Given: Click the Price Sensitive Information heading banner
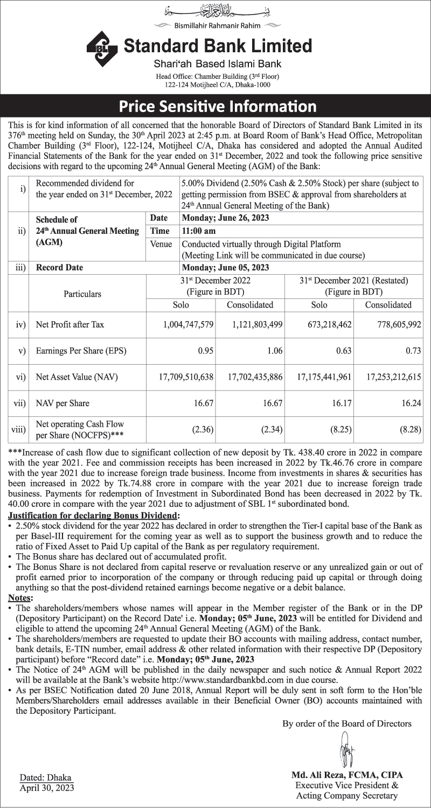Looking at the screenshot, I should point(215,105).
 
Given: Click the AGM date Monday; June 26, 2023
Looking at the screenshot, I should point(226,218).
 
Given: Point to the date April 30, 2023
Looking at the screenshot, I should point(47,788).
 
